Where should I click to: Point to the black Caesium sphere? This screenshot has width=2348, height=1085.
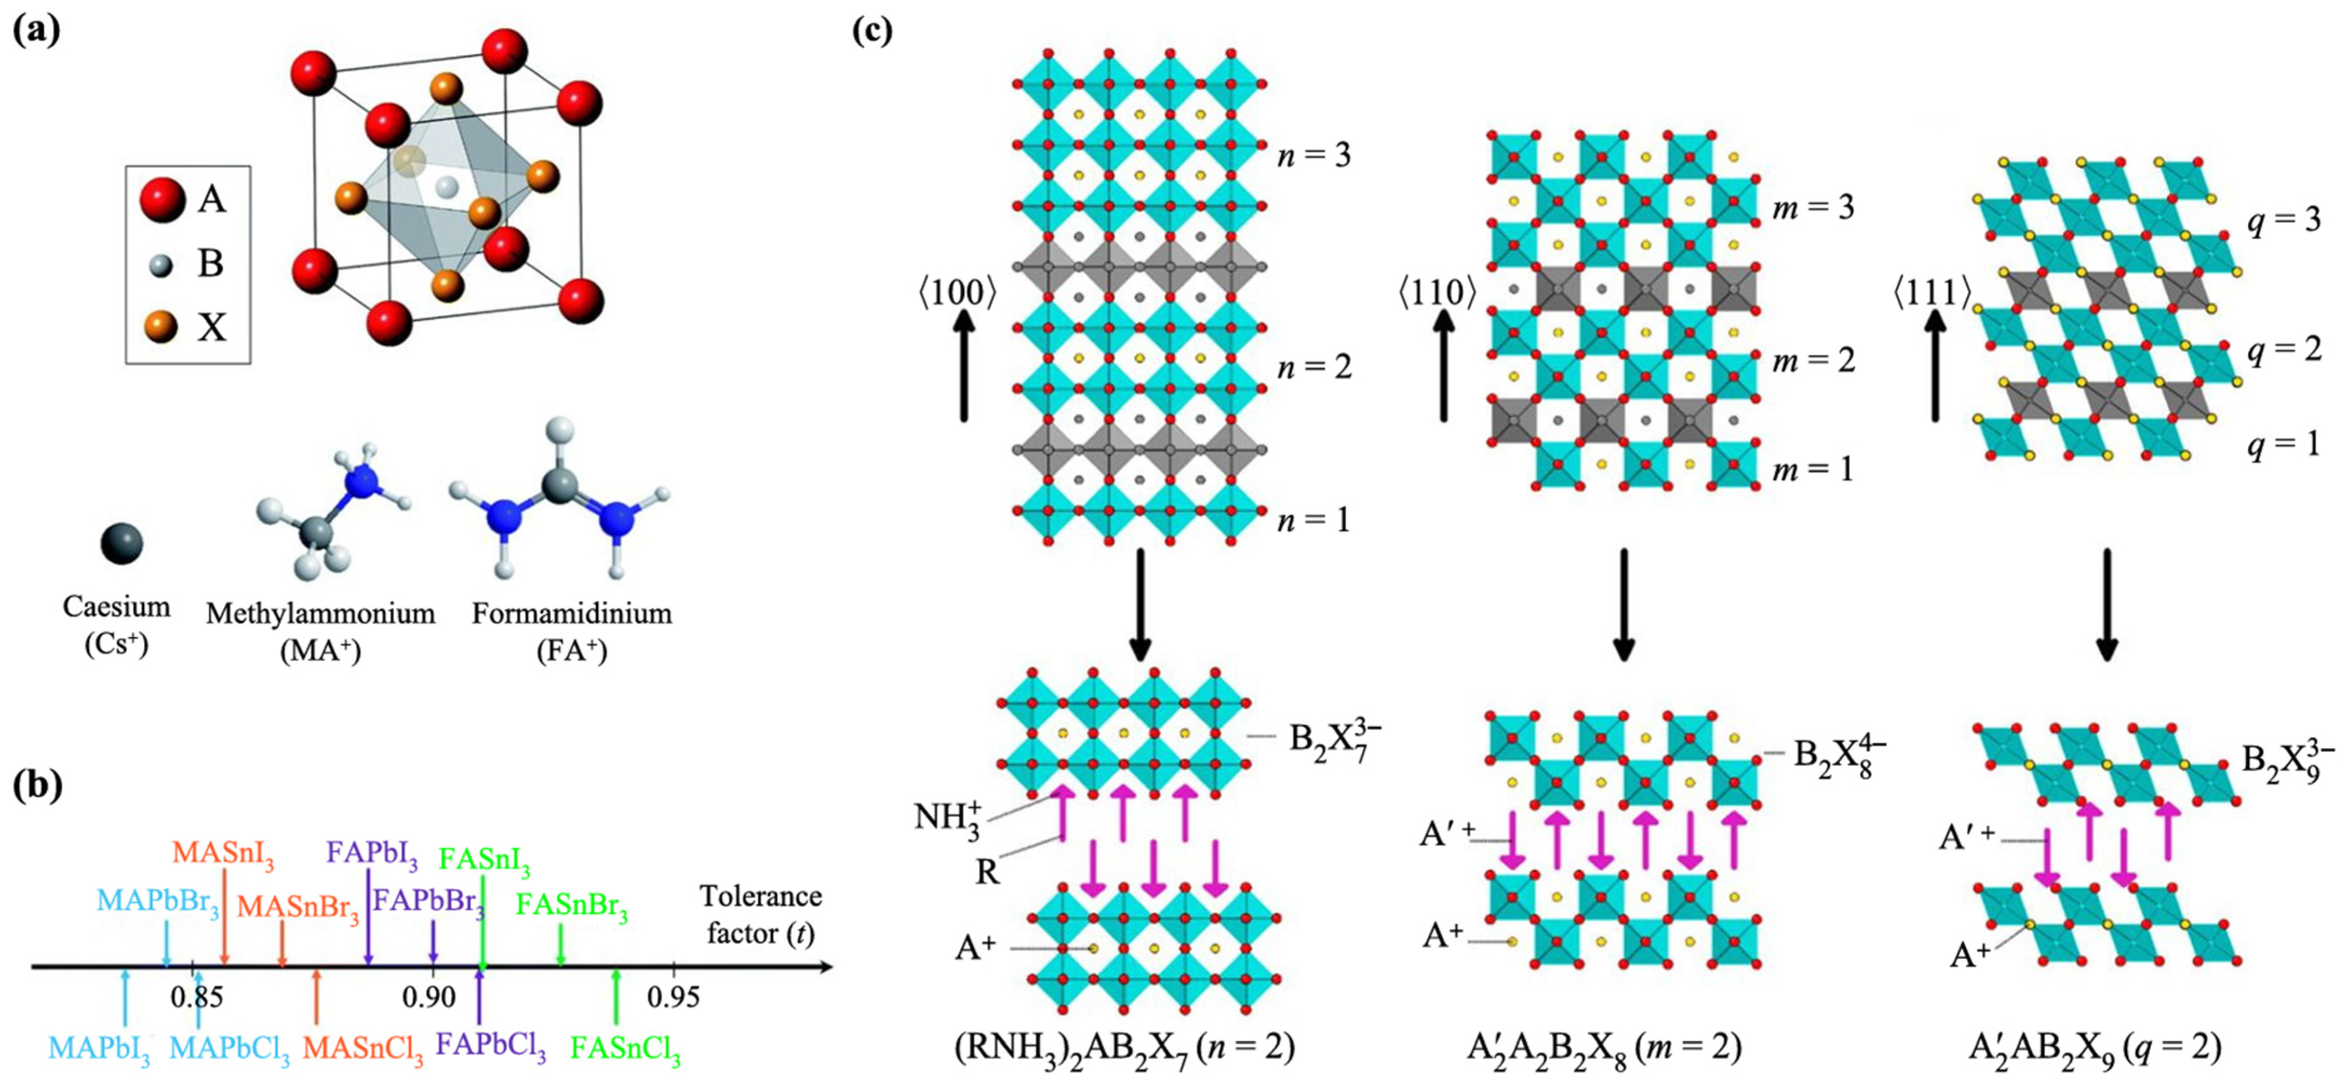coord(121,544)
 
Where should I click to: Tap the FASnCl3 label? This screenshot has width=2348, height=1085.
coord(625,1049)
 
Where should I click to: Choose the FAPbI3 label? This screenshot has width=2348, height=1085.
coord(372,854)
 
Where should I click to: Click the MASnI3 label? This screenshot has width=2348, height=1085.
coord(223,854)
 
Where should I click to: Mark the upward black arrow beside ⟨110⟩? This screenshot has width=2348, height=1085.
coord(1444,365)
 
